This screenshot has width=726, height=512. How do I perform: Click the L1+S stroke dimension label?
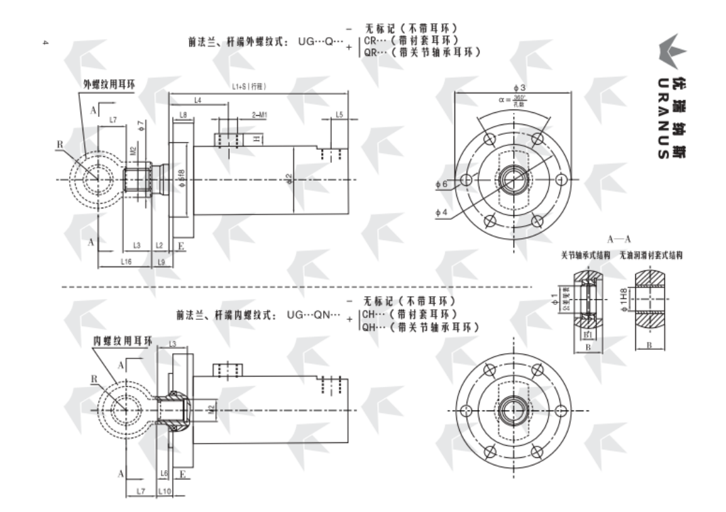tap(248, 86)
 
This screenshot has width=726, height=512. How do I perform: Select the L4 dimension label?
tap(197, 100)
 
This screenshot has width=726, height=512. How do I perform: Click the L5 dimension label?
tap(339, 115)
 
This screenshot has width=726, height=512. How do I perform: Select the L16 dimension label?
tap(126, 261)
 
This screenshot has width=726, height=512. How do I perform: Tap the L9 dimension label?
tap(161, 261)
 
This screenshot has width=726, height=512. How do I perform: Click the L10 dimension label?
tap(165, 490)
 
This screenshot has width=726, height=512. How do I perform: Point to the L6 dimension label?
tap(164, 473)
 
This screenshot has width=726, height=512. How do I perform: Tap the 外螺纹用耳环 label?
tap(109, 85)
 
